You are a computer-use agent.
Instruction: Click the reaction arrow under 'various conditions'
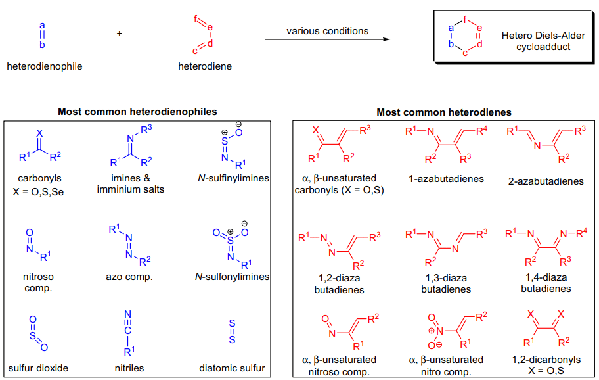point(327,39)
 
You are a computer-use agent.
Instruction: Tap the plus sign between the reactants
point(119,34)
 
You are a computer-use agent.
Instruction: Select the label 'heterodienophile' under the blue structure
point(44,66)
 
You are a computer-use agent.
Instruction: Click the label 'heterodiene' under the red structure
point(205,66)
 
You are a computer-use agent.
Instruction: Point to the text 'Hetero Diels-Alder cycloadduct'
point(543,41)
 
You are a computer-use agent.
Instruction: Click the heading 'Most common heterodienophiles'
point(137,112)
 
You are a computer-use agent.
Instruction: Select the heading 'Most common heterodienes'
point(444,112)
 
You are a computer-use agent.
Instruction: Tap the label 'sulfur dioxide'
point(38,368)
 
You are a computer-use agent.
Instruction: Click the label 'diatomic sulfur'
point(232,368)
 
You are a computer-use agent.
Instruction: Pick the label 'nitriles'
point(129,368)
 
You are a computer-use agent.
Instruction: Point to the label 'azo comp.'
point(129,277)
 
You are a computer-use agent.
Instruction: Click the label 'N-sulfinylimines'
point(233,178)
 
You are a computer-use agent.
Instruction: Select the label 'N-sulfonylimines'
point(232,277)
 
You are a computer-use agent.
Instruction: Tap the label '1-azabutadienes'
point(446,179)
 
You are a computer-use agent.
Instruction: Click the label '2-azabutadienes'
point(546,181)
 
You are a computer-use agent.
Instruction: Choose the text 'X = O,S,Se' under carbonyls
point(38,192)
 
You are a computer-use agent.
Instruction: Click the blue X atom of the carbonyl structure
point(39,133)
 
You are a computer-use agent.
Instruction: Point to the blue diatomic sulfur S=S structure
point(232,331)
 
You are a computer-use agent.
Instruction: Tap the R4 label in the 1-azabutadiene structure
point(481,131)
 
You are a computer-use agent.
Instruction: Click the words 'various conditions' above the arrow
point(327,31)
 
